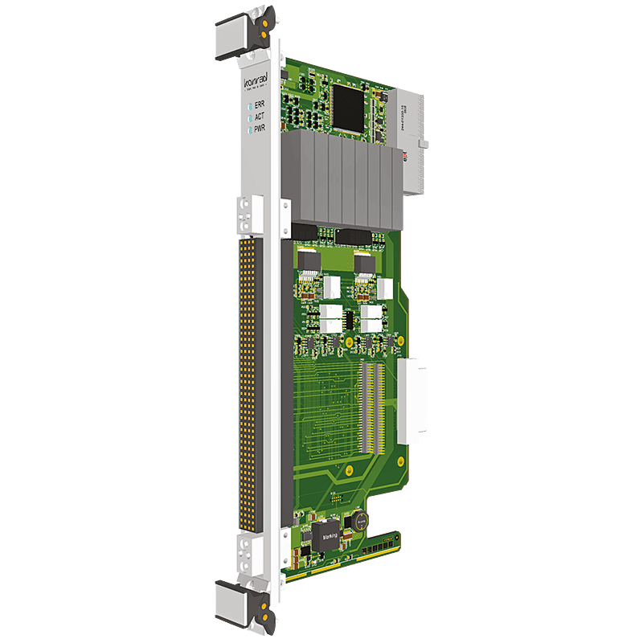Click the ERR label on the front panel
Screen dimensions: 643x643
point(260,104)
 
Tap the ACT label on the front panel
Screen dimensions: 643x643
point(260,117)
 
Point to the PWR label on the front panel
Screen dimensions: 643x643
point(260,129)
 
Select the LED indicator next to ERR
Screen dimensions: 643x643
point(250,104)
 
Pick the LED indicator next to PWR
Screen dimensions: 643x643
point(250,129)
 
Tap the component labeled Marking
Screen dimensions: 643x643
point(330,534)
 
